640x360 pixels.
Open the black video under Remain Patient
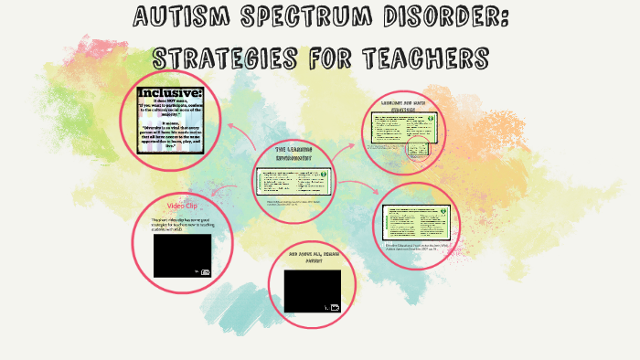coord(312,291)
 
